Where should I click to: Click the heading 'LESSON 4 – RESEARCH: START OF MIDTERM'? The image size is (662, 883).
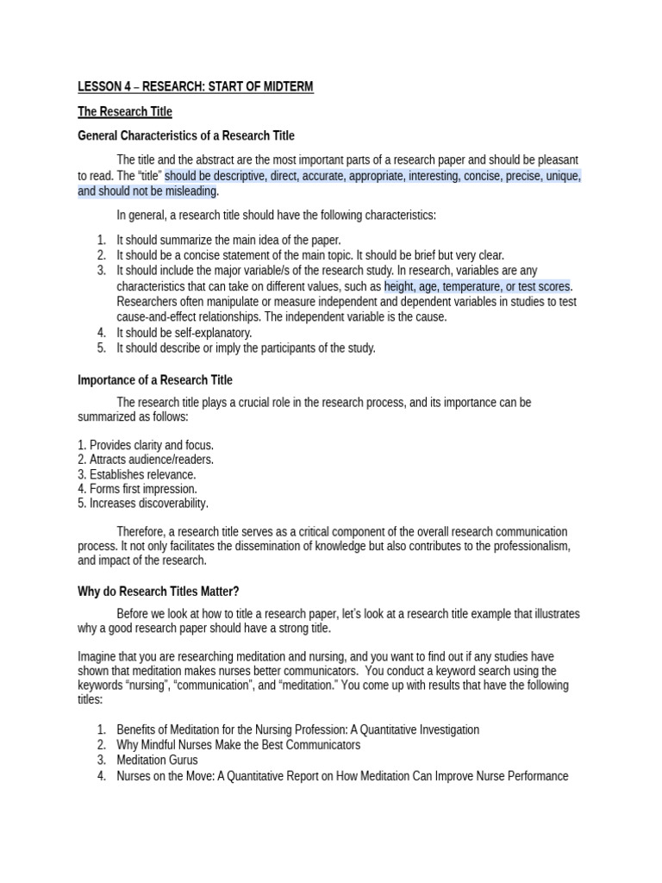click(x=196, y=86)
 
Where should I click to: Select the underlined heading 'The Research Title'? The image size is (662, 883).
click(x=125, y=111)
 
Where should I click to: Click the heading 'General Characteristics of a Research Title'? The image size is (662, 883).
click(x=186, y=135)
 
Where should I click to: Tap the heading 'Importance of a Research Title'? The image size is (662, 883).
click(x=155, y=379)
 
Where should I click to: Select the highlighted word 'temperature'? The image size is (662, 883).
click(x=476, y=286)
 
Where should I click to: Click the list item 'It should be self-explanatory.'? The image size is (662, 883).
click(x=184, y=333)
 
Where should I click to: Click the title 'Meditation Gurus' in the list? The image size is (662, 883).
click(x=157, y=760)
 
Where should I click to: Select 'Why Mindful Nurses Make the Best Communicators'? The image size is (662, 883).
click(x=239, y=744)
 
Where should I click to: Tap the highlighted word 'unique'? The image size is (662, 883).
click(x=562, y=176)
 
